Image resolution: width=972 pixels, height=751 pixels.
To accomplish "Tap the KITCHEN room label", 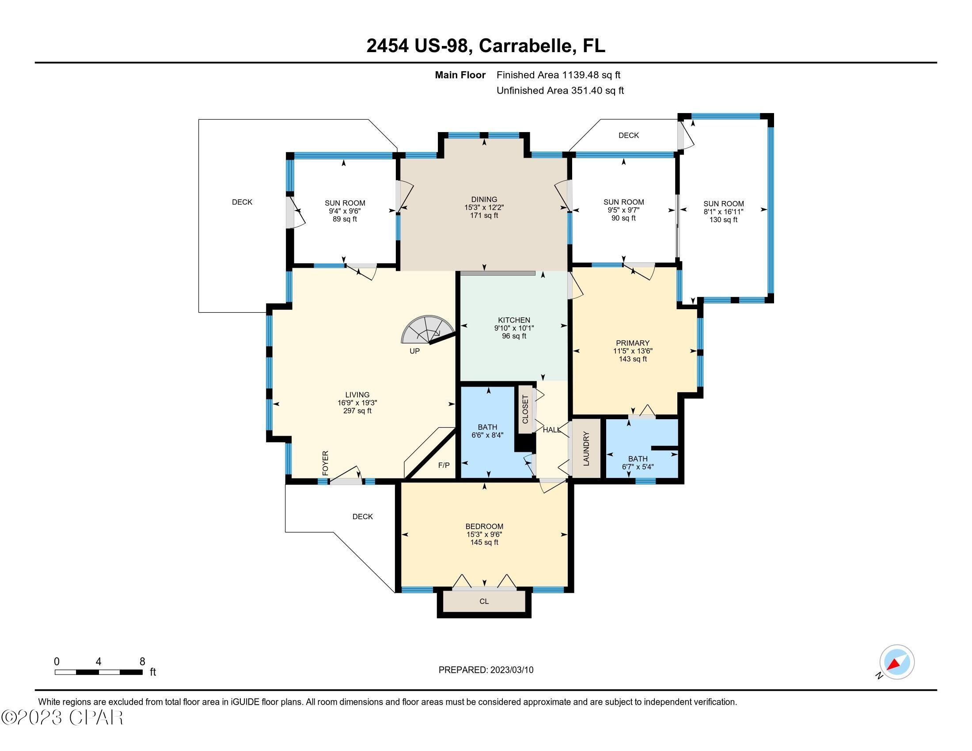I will [513, 320].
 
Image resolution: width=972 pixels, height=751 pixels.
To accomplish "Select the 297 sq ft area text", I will [357, 411].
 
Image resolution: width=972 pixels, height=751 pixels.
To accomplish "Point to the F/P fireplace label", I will [444, 465].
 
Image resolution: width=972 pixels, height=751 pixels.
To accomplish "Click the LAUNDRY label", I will [586, 448].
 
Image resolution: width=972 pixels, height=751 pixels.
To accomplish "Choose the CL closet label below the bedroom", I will [484, 602].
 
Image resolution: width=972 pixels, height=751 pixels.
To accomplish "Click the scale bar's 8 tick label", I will [142, 662].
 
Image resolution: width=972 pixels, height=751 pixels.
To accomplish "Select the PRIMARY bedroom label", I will [632, 343].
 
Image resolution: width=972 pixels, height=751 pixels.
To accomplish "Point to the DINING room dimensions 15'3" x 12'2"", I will [484, 207].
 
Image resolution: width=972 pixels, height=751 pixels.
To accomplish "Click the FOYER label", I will [325, 463].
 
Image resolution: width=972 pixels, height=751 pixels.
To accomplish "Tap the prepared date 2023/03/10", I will [511, 670].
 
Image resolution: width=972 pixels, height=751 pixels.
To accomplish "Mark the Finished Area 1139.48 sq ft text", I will [558, 75].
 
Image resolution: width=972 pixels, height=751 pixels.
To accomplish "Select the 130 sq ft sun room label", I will [723, 220].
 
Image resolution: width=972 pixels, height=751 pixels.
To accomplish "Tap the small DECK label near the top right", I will [628, 135].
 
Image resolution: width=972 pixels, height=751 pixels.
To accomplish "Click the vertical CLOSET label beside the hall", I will [525, 410].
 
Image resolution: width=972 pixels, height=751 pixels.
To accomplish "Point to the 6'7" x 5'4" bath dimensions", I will [637, 467].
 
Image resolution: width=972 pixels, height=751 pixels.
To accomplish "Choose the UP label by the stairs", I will [414, 351].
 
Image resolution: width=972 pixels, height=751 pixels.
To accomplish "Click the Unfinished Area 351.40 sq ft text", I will [560, 91].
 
